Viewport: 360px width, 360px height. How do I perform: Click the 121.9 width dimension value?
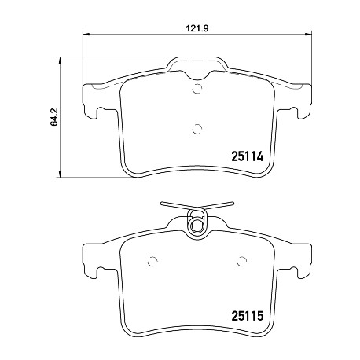pos(197,28)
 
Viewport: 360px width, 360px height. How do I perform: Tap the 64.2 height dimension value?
pos(53,117)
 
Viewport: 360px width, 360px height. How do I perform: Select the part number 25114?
pos(247,156)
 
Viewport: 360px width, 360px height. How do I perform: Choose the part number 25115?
pos(247,316)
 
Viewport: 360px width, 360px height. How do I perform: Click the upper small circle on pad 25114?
pos(197,89)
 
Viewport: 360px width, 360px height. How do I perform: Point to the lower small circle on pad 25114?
pos(197,129)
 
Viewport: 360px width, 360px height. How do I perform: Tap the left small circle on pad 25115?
pos(152,261)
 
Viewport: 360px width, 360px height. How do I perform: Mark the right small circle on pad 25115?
pos(241,261)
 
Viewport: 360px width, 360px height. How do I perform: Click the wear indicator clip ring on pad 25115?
pos(197,226)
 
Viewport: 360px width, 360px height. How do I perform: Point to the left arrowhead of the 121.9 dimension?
pos(86,34)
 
